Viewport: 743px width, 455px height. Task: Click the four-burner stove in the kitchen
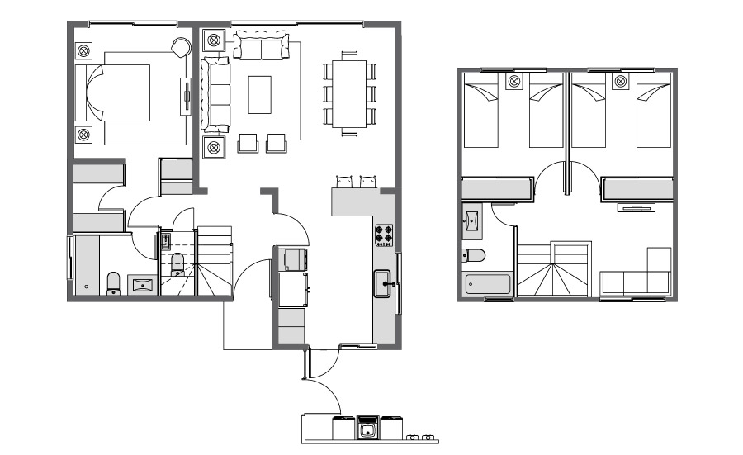point(384,235)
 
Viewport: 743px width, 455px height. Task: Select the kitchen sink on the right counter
point(383,283)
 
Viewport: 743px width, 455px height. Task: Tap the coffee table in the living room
point(261,94)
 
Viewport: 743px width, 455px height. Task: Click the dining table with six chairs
point(348,93)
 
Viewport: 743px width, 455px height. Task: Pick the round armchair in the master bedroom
point(181,47)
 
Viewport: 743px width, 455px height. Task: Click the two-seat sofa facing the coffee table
point(261,46)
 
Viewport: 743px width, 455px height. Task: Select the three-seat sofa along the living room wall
point(216,93)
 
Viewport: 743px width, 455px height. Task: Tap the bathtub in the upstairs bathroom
point(488,285)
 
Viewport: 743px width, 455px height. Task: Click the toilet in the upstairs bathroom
point(474,255)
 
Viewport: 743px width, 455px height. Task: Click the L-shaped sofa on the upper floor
point(636,277)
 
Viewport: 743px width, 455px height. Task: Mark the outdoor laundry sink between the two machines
point(367,429)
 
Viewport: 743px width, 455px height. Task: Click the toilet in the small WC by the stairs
point(177,264)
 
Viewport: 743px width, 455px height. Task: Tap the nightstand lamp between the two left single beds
point(515,81)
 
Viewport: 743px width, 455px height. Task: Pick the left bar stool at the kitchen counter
point(344,181)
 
